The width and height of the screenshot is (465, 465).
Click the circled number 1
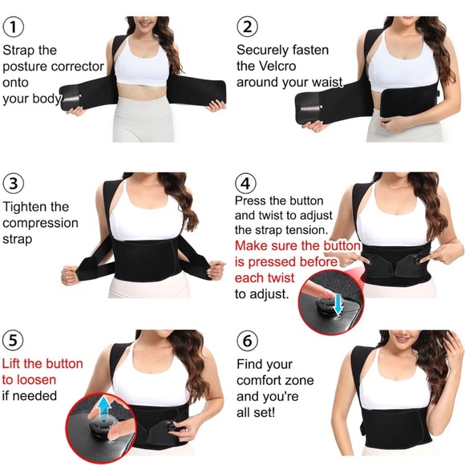click(x=14, y=26)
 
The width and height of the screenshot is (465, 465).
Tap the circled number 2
click(x=248, y=26)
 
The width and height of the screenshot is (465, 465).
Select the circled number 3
click(x=14, y=182)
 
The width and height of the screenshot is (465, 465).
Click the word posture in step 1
click(x=26, y=66)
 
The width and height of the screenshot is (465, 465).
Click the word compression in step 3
click(x=40, y=223)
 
